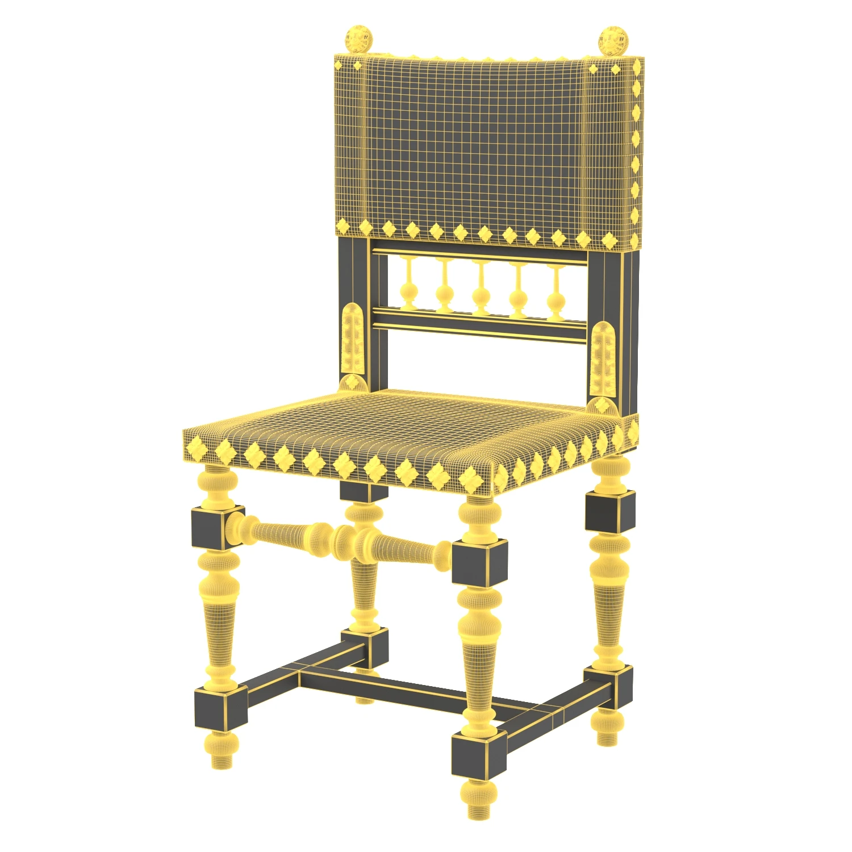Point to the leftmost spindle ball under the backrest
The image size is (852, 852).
tap(408, 291)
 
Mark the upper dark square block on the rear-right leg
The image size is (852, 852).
tap(609, 512)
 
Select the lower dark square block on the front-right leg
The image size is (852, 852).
tap(478, 755)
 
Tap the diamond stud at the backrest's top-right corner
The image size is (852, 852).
tap(616, 69)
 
